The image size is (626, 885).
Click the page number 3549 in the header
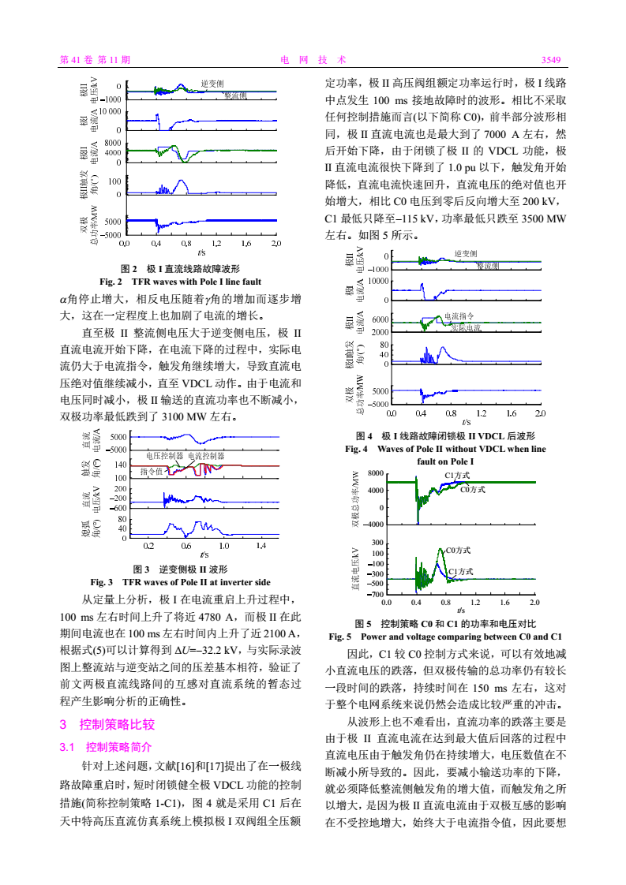(x=550, y=60)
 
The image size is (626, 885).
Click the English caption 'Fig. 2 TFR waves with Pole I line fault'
(x=180, y=281)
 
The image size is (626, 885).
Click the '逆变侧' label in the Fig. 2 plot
(x=212, y=83)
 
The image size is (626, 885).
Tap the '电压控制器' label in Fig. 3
(x=164, y=456)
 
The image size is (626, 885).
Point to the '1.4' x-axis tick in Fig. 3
(x=261, y=545)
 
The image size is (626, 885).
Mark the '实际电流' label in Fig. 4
(x=467, y=327)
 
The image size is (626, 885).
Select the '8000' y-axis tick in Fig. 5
(x=375, y=473)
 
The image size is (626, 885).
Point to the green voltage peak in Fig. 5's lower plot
(x=440, y=550)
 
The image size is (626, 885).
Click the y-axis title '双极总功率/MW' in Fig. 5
(x=355, y=499)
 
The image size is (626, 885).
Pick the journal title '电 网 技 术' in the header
(x=313, y=60)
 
